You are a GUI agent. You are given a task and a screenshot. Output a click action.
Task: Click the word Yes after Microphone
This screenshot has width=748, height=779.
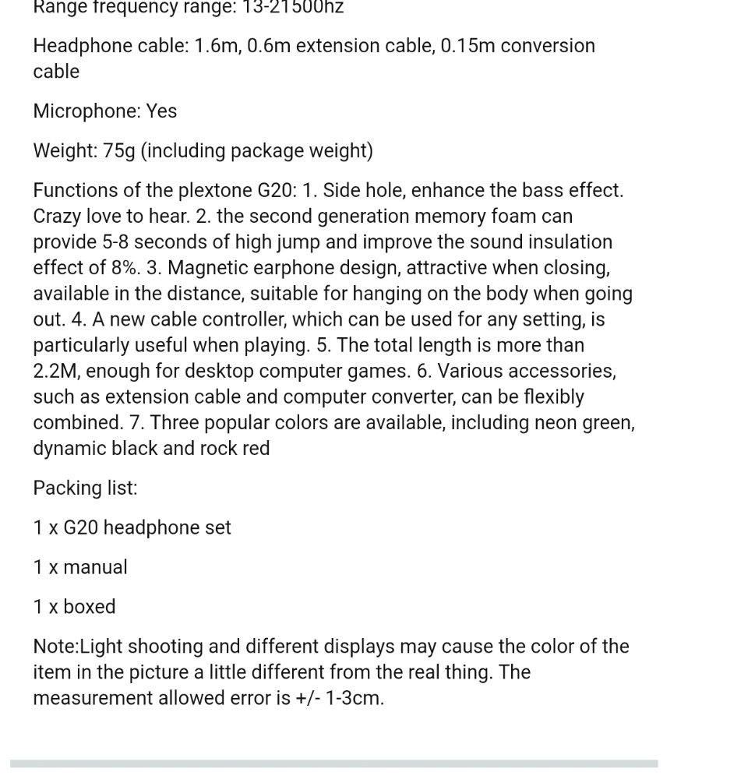pyautogui.click(x=161, y=111)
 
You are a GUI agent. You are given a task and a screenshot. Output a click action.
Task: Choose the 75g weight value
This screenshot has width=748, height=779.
pyautogui.click(x=118, y=151)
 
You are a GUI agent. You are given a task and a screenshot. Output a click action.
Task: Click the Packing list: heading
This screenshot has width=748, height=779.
pyautogui.click(x=85, y=488)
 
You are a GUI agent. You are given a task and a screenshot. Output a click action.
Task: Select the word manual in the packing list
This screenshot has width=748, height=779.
pyautogui.click(x=95, y=567)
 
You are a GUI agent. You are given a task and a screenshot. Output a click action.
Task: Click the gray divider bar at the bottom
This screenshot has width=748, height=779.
pyautogui.click(x=333, y=764)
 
